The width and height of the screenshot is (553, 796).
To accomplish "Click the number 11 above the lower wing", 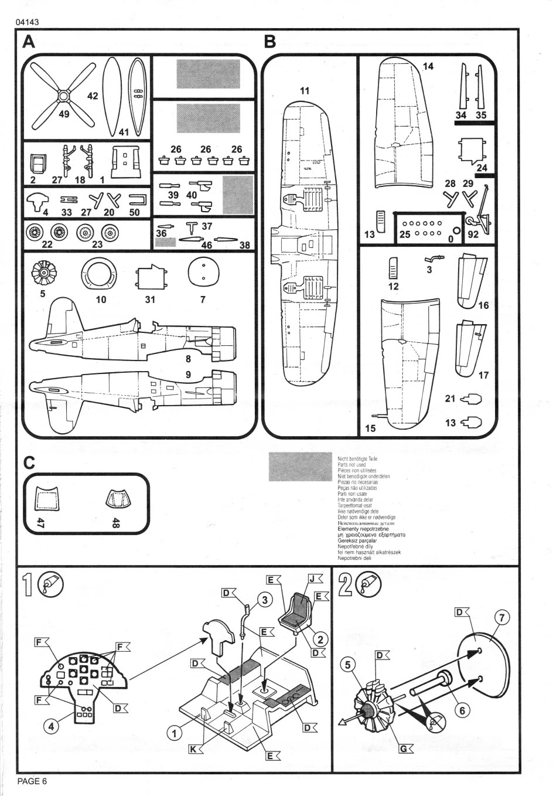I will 304,91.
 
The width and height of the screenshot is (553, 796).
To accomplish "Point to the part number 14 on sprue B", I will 428,66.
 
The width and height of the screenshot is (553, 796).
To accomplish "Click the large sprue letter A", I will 28,42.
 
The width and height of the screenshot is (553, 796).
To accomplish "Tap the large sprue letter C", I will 29,462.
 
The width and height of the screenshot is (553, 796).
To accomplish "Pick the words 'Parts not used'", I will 352,464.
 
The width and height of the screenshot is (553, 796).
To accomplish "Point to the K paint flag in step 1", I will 194,749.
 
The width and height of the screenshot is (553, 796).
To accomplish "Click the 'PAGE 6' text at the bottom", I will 32,781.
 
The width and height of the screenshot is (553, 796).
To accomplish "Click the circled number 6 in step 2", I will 462,710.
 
